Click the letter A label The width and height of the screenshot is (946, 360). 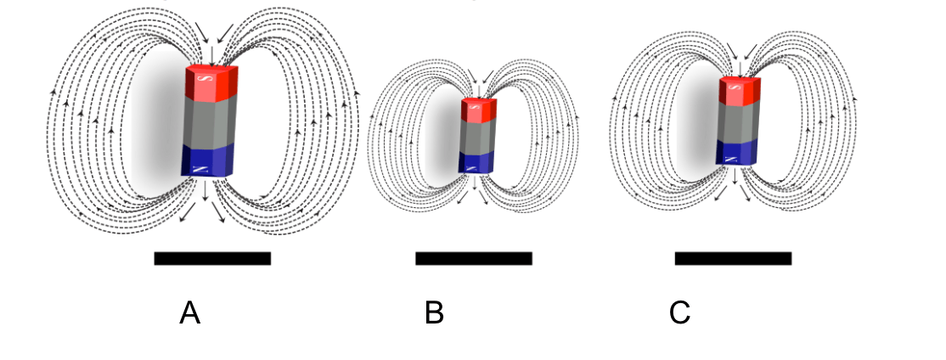click(x=190, y=314)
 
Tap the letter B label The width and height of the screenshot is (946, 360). click(x=434, y=314)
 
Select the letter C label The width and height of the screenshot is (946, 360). click(x=679, y=314)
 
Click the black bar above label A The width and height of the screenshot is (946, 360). click(x=212, y=258)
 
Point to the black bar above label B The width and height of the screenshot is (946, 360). click(x=473, y=258)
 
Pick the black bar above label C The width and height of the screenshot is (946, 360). click(x=733, y=258)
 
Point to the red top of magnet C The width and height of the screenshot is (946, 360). click(x=739, y=92)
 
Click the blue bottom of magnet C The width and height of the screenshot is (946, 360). click(x=736, y=152)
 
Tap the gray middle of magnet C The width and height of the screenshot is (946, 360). click(x=737, y=122)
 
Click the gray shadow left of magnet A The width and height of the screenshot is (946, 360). click(x=157, y=127)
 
